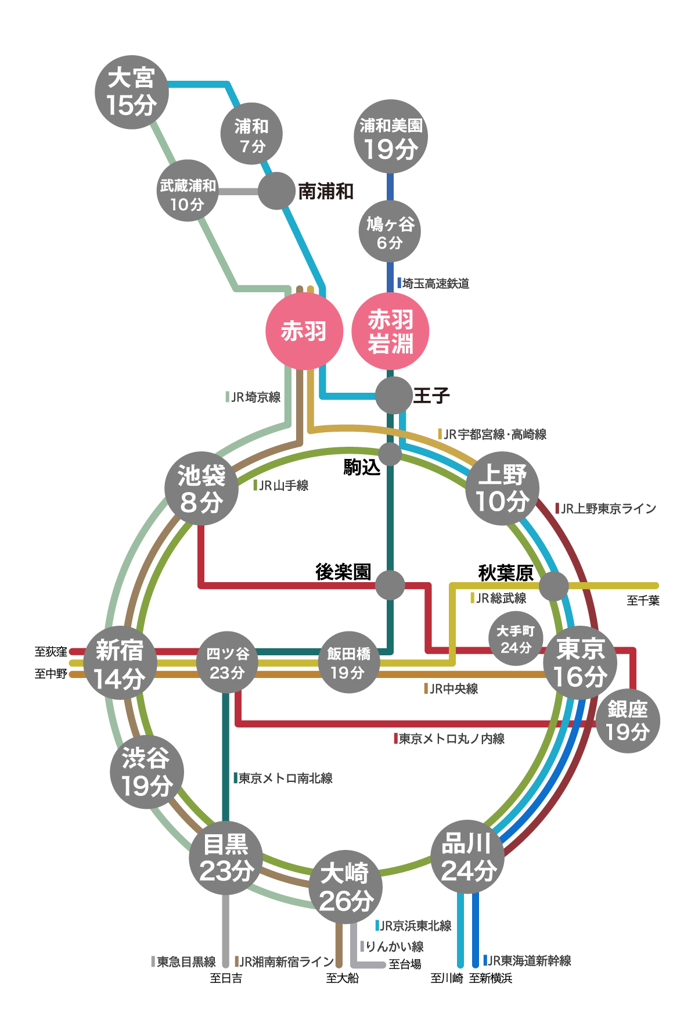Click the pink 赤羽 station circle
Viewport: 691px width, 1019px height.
304,331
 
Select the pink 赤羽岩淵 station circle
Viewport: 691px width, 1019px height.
390,331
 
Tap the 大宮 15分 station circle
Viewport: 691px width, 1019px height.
132,92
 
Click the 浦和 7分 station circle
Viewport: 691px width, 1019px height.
251,134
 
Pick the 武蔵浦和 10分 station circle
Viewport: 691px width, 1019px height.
188,191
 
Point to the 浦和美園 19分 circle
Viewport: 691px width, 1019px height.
391,137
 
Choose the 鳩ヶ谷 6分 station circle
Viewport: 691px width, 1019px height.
390,231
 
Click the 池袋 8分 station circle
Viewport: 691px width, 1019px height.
201,488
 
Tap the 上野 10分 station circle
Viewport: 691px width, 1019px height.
502,488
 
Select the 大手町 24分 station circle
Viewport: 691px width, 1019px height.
516,638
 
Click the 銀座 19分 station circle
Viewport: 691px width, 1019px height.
627,721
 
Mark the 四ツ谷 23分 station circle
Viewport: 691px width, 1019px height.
227,662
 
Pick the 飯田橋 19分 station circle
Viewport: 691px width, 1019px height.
348,662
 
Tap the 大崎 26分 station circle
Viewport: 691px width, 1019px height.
345,887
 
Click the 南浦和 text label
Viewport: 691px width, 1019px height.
325,191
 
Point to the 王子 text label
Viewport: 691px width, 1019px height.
431,396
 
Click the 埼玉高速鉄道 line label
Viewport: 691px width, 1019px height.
436,284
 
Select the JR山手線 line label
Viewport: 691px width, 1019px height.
283,486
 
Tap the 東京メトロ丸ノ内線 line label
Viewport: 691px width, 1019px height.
451,739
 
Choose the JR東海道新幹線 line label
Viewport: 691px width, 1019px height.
528,961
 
